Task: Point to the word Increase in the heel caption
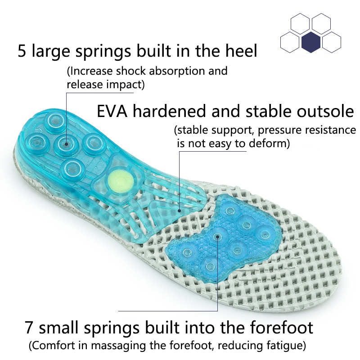point(89,71)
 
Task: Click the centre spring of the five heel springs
point(66,144)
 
